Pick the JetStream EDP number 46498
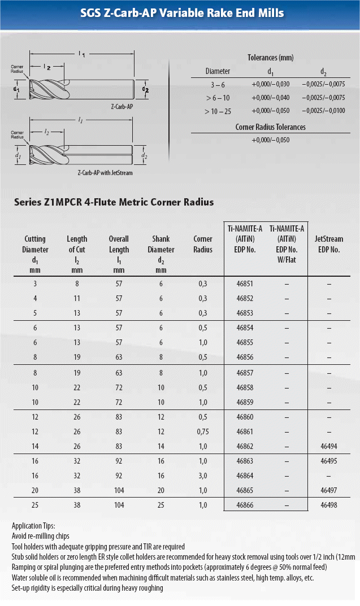pos(328,505)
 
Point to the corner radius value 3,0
pos(203,476)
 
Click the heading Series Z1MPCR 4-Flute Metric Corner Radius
pos(114,202)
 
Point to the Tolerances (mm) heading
pos(270,58)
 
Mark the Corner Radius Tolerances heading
pos(270,127)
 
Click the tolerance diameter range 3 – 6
pos(218,84)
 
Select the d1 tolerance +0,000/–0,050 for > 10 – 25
pos(270,111)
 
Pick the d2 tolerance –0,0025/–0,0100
pos(323,111)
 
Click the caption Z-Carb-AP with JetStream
pos(105,173)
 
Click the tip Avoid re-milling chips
pos(41,536)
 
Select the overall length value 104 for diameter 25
pos(119,505)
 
